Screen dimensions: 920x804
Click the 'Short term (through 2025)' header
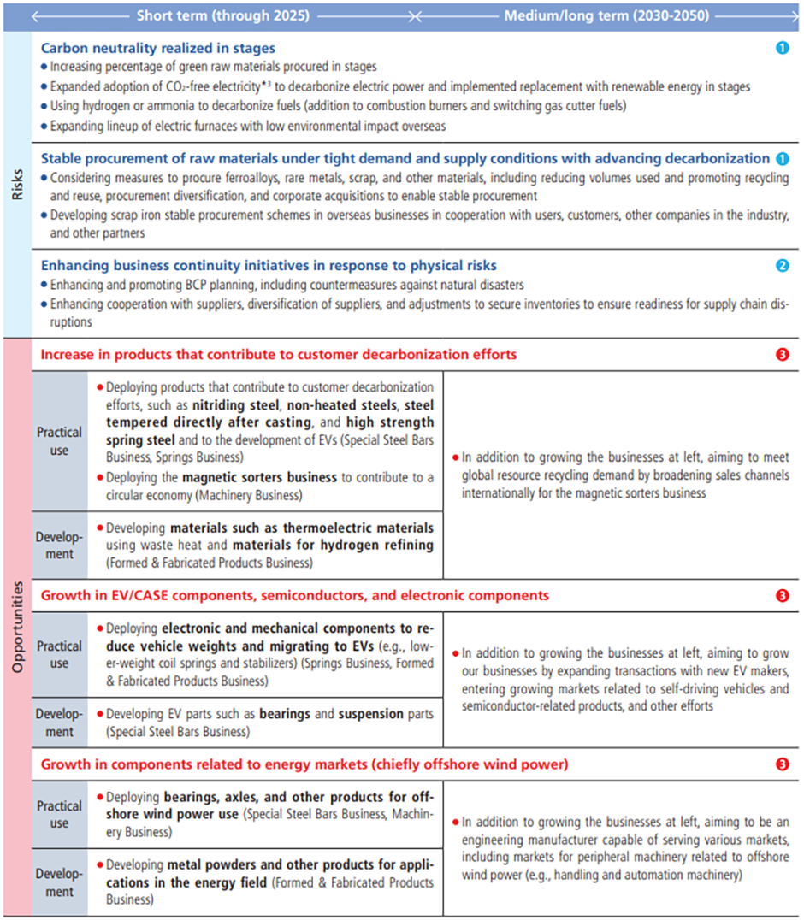coord(223,15)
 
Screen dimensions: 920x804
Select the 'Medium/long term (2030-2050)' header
coord(606,15)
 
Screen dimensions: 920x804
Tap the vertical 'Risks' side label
coord(17,183)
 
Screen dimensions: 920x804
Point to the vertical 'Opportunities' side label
coord(17,628)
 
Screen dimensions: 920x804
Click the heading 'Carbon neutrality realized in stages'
coord(158,49)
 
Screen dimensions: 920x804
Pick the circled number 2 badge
coord(782,266)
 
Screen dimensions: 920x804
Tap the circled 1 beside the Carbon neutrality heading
coord(782,49)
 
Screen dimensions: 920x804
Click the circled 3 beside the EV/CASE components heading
coord(782,595)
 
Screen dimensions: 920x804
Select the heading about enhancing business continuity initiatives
coord(269,266)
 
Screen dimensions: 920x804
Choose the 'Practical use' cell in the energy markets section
coord(59,814)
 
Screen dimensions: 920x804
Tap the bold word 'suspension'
coord(369,714)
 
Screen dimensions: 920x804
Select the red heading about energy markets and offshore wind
coord(304,764)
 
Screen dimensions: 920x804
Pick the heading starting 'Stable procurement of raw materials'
coord(405,158)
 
